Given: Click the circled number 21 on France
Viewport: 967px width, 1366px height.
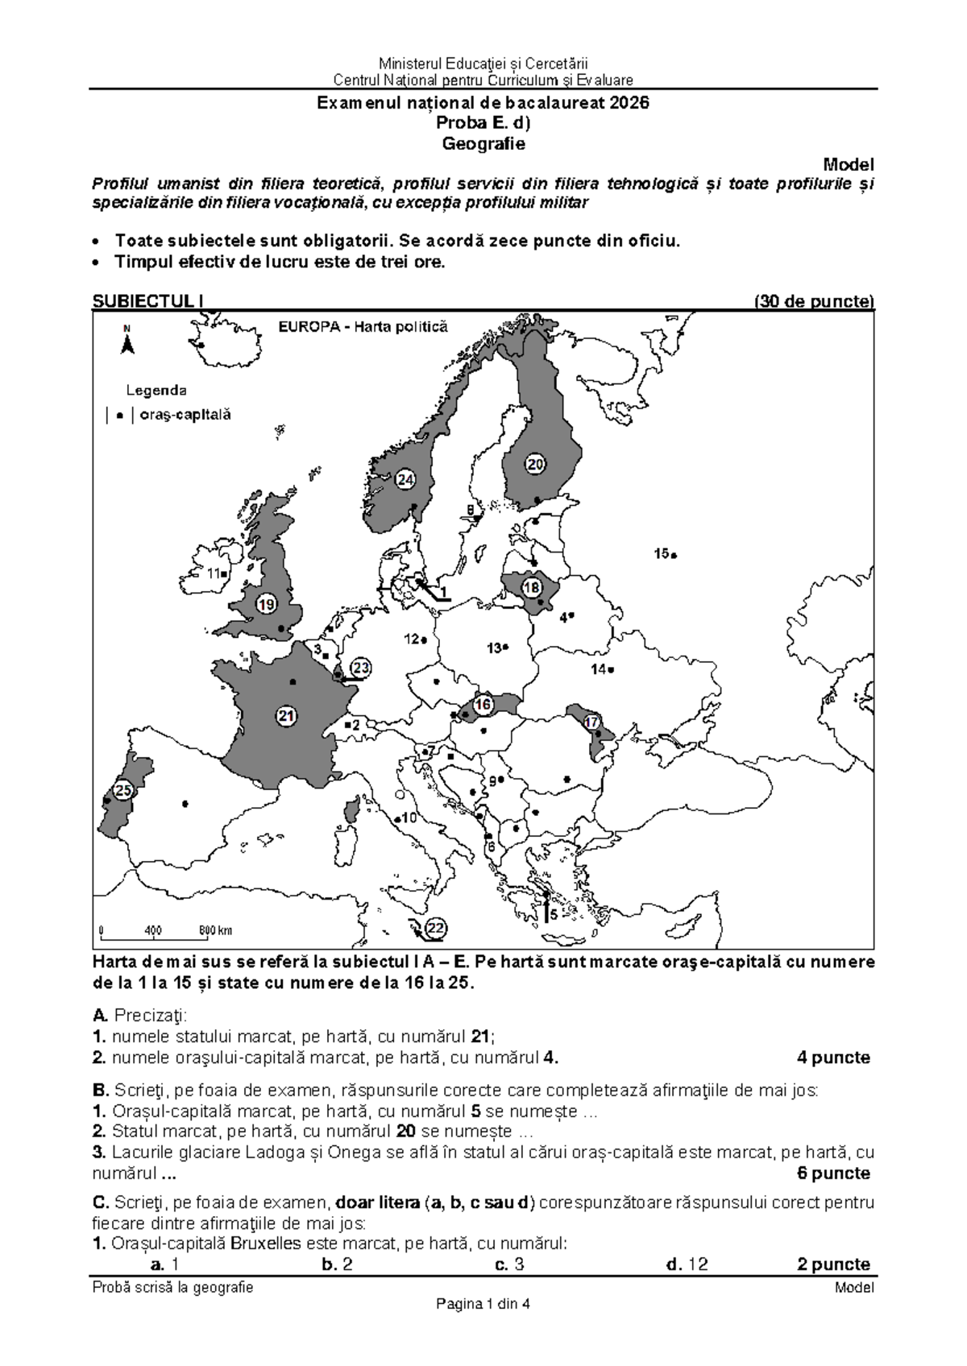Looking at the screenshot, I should tap(286, 715).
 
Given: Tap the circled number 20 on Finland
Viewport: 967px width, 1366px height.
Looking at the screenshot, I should tap(536, 464).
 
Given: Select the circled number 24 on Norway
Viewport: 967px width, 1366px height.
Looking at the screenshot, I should tap(405, 480).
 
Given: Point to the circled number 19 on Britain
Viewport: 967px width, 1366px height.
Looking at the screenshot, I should tap(267, 604).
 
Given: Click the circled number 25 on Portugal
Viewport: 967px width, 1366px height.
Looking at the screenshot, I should tap(122, 790).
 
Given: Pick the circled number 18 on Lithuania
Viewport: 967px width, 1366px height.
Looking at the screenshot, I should tap(531, 588).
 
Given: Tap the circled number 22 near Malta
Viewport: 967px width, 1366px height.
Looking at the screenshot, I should tap(435, 928).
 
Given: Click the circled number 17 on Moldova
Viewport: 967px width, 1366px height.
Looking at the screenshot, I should tap(592, 722).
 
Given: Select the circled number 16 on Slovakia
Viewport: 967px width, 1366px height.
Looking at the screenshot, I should tap(483, 704).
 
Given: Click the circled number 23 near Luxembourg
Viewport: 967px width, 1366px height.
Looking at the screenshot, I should tap(361, 668).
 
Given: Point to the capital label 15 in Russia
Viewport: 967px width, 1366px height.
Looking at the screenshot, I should tap(662, 553).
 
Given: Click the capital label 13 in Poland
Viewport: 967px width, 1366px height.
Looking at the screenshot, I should tap(494, 648).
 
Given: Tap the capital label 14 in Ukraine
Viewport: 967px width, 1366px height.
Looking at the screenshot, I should tap(599, 669).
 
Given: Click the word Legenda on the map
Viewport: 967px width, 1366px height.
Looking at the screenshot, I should tap(156, 391).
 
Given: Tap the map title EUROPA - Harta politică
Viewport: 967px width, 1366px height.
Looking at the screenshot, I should tap(363, 327).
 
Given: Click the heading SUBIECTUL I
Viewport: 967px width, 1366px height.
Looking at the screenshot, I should tap(147, 301).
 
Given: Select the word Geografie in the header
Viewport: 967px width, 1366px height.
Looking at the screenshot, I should tap(483, 144).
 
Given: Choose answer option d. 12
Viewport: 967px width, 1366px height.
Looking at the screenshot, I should tap(687, 1264).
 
